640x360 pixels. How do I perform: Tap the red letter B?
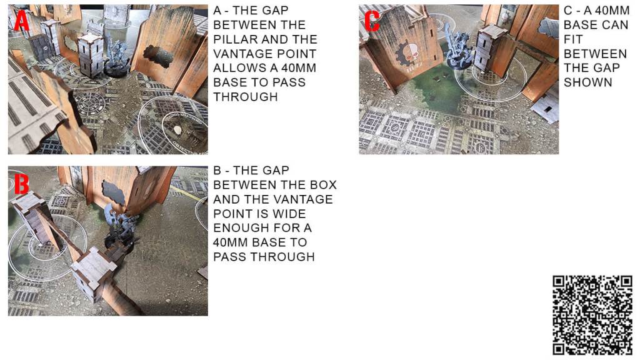click(22, 184)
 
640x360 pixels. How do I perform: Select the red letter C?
click(372, 21)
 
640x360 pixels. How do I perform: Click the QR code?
click(592, 316)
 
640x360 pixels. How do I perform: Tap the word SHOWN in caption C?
click(587, 82)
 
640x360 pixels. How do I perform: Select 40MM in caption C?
click(612, 11)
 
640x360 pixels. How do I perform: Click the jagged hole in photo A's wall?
click(158, 56)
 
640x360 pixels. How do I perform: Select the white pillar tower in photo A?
click(90, 56)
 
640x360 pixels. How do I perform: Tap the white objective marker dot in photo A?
click(177, 130)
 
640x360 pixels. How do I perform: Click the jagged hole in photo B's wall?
click(114, 192)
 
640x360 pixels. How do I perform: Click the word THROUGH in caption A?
click(245, 97)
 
